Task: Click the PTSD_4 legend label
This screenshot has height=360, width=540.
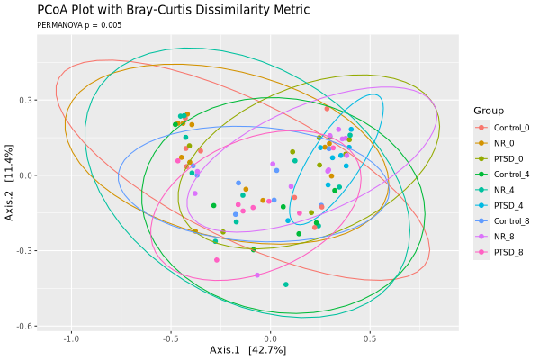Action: point(508,206)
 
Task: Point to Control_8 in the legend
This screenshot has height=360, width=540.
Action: point(511,221)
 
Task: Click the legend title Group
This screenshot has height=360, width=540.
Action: point(489,111)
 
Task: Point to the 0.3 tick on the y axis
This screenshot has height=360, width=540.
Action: point(25,100)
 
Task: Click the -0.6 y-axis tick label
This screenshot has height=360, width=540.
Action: point(24,326)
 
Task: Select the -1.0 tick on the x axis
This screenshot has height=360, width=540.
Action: point(71,338)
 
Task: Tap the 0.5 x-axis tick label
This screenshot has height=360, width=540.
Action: point(370,338)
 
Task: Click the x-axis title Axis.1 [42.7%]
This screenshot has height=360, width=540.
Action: point(248,350)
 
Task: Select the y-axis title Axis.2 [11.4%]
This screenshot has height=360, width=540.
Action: point(9,183)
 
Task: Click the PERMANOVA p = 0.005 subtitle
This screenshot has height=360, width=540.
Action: point(79,25)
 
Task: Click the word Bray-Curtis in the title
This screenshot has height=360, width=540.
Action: point(158,10)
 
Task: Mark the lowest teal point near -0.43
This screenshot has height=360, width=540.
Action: point(286,284)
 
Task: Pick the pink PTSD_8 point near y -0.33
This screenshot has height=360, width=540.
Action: point(217,260)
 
